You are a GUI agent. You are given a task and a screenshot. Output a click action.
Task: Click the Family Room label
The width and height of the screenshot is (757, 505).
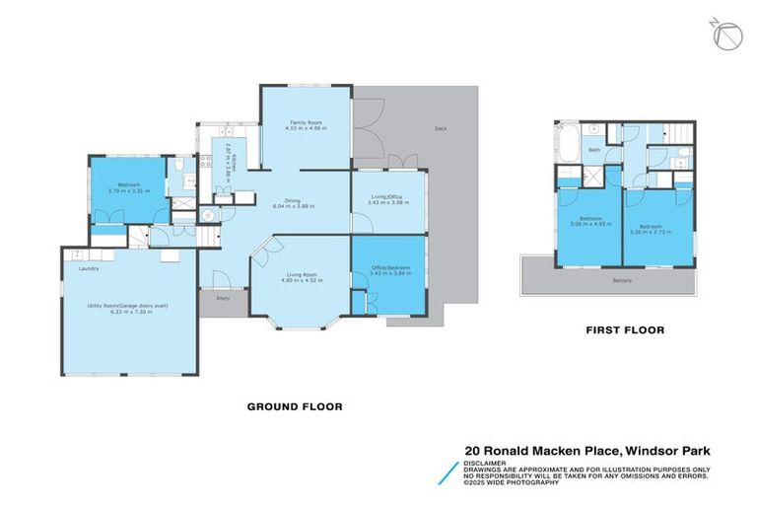tap(305, 122)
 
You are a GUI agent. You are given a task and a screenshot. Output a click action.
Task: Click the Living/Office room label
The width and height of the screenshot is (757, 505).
tap(389, 196)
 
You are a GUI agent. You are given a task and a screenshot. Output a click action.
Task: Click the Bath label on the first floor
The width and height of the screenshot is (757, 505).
tap(594, 151)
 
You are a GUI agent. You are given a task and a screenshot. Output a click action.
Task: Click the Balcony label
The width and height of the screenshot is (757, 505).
tap(622, 281)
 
